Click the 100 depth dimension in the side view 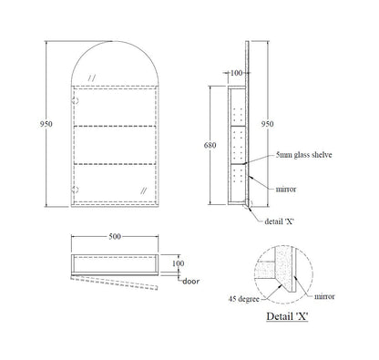point(238,72)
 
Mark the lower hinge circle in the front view point(77,190)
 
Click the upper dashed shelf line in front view point(115,124)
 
